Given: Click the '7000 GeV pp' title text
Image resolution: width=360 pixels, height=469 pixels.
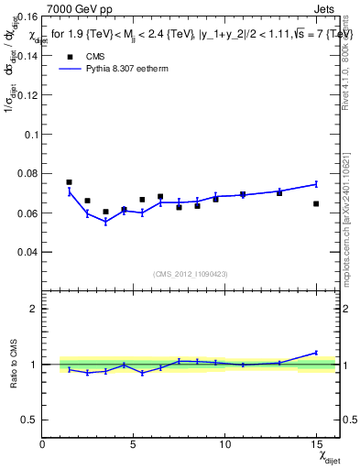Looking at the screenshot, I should click(x=78, y=10).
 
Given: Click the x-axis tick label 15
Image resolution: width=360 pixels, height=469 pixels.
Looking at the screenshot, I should click(x=315, y=444).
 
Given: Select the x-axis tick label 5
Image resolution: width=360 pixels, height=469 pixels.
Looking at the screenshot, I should click(x=134, y=444).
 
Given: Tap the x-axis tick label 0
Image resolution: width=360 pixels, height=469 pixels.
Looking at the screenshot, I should click(x=42, y=444).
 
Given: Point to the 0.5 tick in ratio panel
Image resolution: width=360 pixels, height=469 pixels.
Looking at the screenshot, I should click(x=30, y=420).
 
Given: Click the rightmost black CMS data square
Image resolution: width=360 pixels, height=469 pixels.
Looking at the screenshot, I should click(x=316, y=203).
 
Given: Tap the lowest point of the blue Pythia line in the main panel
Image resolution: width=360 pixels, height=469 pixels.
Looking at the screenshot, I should click(x=105, y=222).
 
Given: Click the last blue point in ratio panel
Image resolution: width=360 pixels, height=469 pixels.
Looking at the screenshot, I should click(x=316, y=353).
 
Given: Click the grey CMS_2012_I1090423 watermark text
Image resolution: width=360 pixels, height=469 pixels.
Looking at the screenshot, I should click(x=190, y=273).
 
